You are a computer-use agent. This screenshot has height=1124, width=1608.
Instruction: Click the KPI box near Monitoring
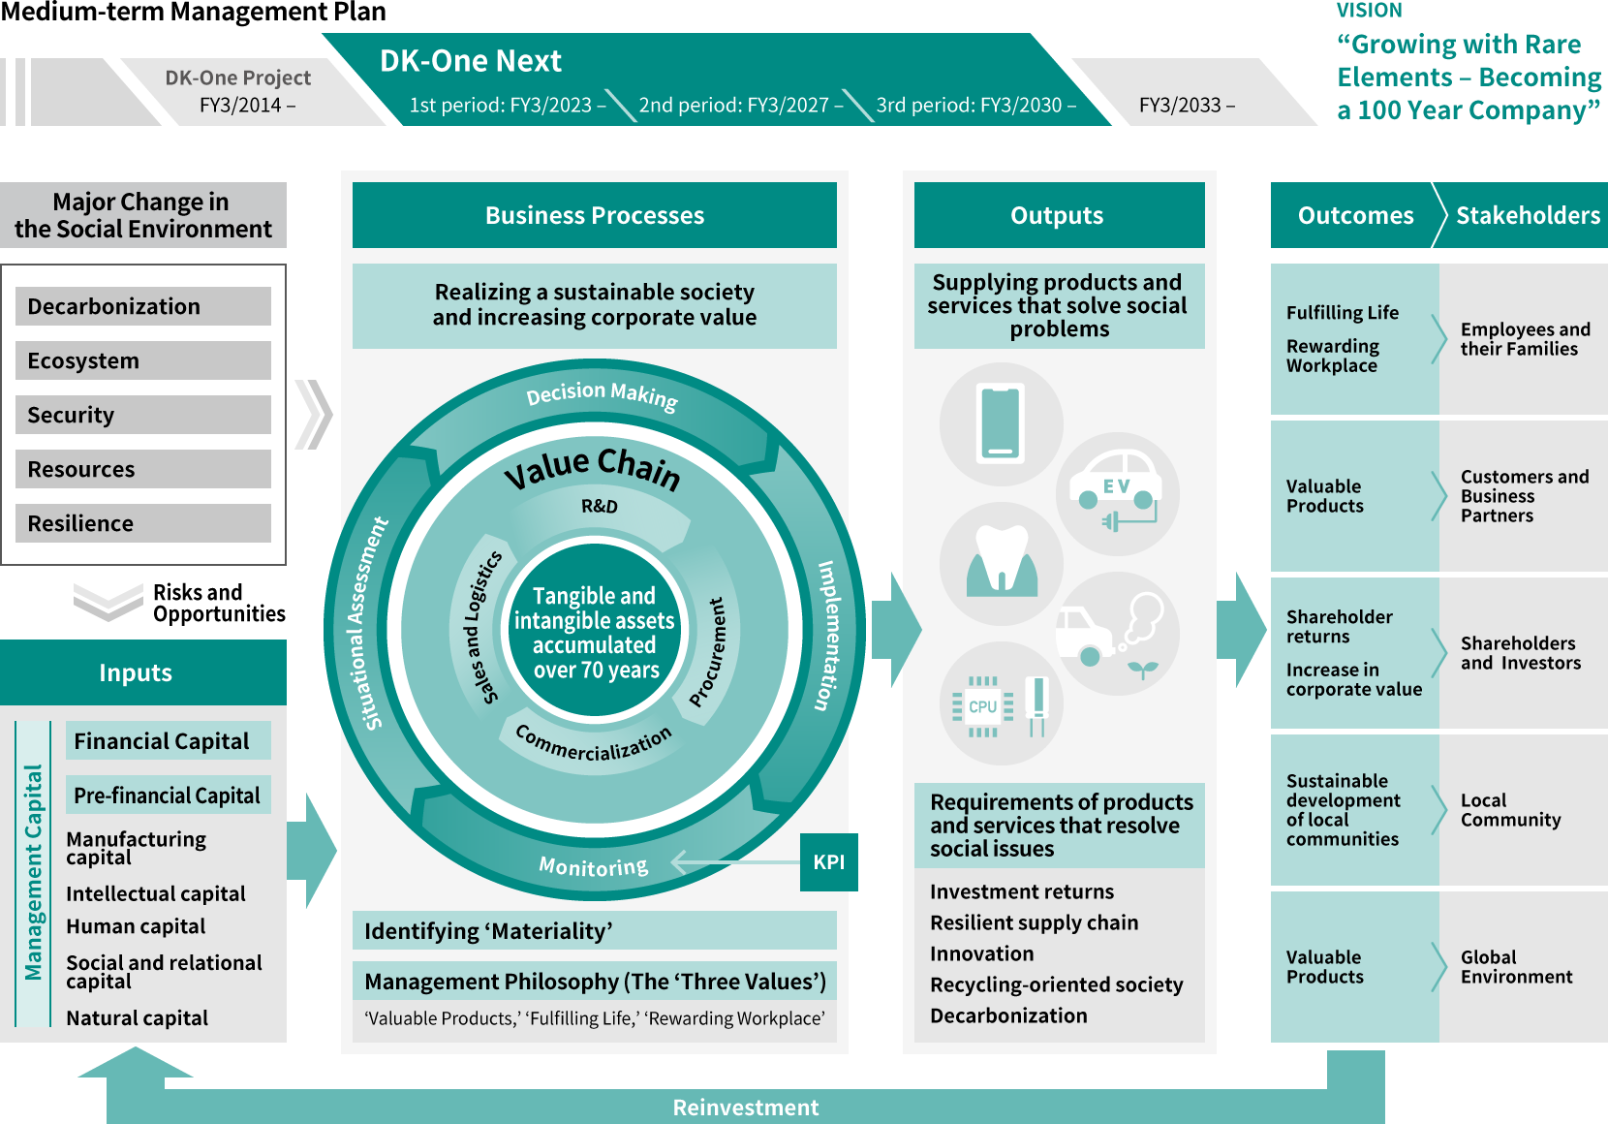click(828, 862)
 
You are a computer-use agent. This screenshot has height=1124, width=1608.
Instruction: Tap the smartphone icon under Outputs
click(1001, 423)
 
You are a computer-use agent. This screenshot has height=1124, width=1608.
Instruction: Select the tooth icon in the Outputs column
click(1002, 561)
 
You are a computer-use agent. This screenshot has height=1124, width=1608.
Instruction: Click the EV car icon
click(1117, 492)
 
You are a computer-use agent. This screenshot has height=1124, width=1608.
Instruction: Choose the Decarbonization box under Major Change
click(143, 306)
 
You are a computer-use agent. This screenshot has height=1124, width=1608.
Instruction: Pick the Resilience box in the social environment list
click(143, 523)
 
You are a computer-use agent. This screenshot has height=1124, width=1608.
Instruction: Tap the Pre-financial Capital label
click(168, 796)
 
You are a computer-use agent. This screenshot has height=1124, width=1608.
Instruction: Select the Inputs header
click(136, 672)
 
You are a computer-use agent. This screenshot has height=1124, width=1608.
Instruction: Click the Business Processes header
click(594, 215)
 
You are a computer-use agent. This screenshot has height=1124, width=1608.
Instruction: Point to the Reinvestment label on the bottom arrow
click(745, 1108)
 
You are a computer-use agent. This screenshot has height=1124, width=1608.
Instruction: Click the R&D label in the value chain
click(599, 506)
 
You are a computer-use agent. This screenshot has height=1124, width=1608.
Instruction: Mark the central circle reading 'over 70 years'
click(595, 633)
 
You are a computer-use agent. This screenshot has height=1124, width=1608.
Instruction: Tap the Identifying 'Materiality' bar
click(594, 931)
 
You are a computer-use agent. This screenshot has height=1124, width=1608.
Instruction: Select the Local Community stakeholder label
click(1510, 810)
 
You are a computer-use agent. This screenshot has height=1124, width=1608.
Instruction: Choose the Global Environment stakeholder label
click(1516, 967)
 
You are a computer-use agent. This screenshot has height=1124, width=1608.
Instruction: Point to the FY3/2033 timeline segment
click(1187, 105)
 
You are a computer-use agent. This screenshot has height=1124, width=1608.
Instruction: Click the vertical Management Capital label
click(34, 872)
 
